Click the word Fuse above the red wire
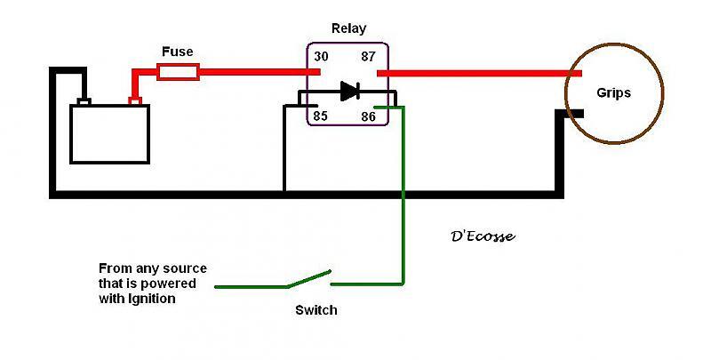(x=177, y=52)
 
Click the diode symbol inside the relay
(x=348, y=90)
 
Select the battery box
(x=110, y=134)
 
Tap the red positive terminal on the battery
(x=135, y=100)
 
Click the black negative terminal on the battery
(x=84, y=100)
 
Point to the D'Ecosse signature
(x=483, y=237)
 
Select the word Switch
(x=316, y=310)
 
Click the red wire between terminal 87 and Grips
(x=471, y=72)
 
